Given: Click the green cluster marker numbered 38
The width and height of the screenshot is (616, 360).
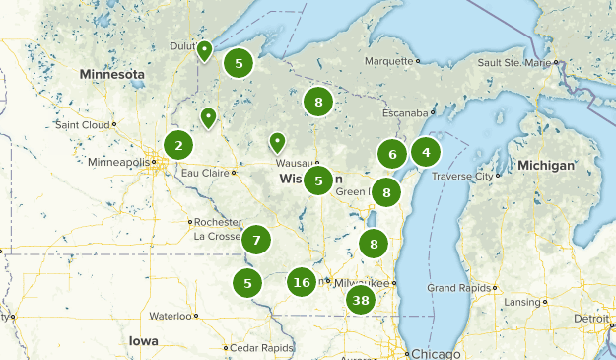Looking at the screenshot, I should click(x=361, y=301).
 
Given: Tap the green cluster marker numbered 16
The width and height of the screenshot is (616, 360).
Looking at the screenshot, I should click(x=302, y=283).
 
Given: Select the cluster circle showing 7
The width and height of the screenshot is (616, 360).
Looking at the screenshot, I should click(x=256, y=240).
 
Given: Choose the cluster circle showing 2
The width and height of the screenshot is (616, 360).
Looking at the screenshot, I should click(x=178, y=146).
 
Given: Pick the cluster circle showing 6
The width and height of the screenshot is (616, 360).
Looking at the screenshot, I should click(x=392, y=154).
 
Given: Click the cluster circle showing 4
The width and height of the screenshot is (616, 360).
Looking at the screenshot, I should click(x=426, y=152).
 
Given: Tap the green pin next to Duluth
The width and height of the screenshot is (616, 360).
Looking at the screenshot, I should click(x=204, y=50).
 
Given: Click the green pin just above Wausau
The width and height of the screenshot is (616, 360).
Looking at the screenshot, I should click(x=278, y=142).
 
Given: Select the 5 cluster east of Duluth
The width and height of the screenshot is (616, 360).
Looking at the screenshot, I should click(x=238, y=64).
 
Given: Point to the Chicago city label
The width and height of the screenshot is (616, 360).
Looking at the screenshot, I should click(x=435, y=353).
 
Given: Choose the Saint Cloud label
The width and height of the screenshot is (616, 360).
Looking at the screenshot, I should click(x=83, y=125).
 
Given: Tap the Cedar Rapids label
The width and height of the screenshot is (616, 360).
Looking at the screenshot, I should click(x=263, y=348).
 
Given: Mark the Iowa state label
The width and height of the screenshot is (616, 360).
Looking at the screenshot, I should click(x=142, y=340).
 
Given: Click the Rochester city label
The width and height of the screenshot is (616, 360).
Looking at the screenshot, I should click(x=217, y=222).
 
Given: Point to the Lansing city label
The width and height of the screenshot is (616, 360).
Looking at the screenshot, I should click(x=521, y=301).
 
